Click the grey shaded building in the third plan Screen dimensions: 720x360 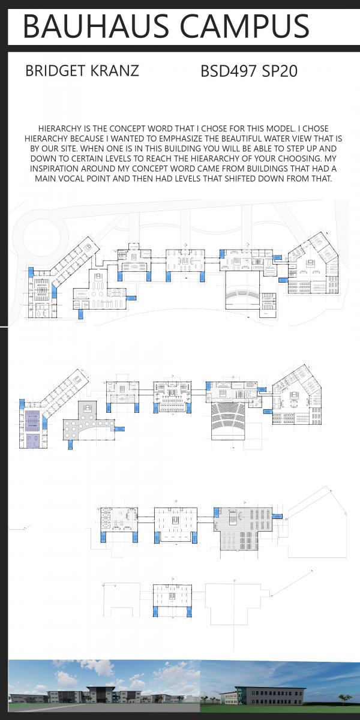(x=243, y=528)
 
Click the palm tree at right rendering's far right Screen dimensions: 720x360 (x=344, y=699)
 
